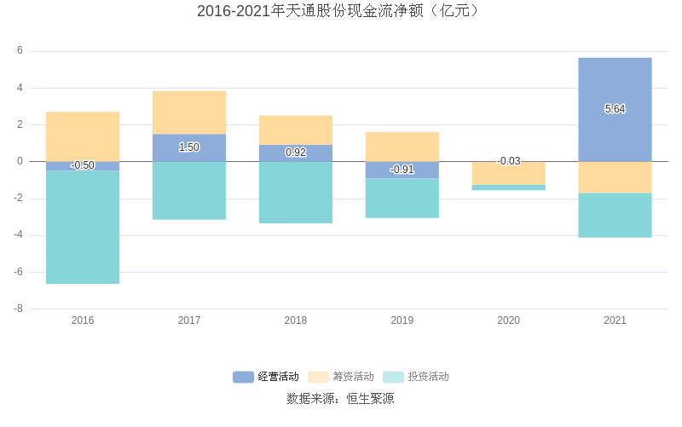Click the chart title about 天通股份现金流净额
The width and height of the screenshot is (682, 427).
coord(341,11)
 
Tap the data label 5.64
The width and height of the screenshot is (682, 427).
coord(615,109)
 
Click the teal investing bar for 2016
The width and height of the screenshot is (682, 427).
coord(83,227)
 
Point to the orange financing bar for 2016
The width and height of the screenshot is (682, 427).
coord(83,136)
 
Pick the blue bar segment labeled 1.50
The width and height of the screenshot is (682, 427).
coord(189,147)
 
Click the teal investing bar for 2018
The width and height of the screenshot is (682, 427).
coord(296,193)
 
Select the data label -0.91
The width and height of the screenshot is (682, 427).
coord(402,170)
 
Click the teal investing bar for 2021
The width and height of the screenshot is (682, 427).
coord(615,215)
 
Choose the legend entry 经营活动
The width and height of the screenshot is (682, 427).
coord(267,377)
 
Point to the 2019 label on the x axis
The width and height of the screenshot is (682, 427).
coord(402,320)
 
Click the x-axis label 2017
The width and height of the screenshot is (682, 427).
coord(189,320)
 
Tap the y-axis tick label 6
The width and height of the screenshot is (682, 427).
coord(20,51)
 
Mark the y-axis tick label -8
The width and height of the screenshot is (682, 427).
coord(18,309)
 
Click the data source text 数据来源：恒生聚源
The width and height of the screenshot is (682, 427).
coord(341,399)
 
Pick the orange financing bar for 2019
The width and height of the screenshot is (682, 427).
coord(402,147)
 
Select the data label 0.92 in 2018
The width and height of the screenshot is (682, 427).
coord(296,153)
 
